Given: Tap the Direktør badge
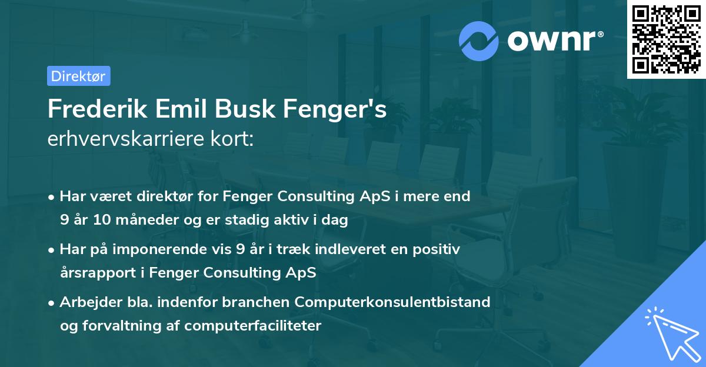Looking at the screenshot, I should click(78, 76).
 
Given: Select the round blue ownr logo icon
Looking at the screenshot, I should click(479, 41).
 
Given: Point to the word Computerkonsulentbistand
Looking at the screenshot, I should click(393, 302).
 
